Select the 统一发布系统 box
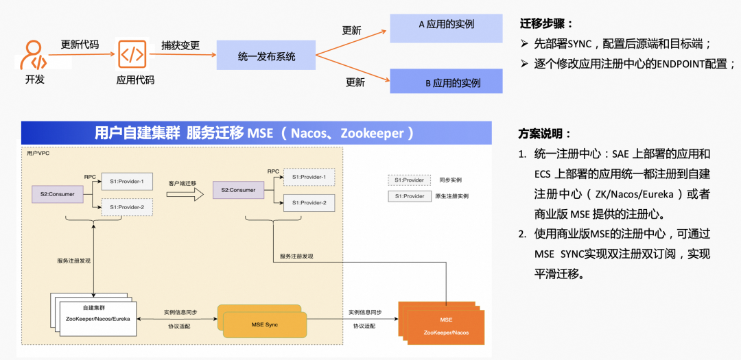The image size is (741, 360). pos(266,56)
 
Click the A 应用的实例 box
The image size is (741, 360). pos(446,25)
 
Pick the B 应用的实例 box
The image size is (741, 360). pos(446,82)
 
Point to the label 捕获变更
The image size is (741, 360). pos(180,45)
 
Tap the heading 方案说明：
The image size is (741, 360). pos(545,134)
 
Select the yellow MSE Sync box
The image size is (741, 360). pos(263,322)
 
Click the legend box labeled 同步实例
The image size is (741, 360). pos(409,180)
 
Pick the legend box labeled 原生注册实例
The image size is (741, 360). pos(409,196)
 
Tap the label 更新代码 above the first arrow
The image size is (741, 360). pos(80,45)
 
